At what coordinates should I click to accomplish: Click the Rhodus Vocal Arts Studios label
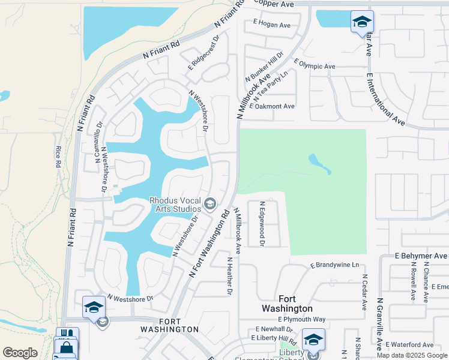175,205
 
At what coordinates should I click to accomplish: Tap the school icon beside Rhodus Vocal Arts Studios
210,205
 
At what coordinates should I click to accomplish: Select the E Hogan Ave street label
271,25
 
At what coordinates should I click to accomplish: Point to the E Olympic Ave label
315,64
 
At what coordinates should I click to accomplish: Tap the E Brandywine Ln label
334,265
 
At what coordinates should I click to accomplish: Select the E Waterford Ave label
409,345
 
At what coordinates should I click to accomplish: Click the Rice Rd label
58,157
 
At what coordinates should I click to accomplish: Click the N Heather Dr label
229,276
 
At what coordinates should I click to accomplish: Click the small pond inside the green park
319,163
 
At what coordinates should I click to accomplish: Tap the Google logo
20,353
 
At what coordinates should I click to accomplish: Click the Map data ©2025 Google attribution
412,355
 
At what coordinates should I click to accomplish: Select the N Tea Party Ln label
271,85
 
